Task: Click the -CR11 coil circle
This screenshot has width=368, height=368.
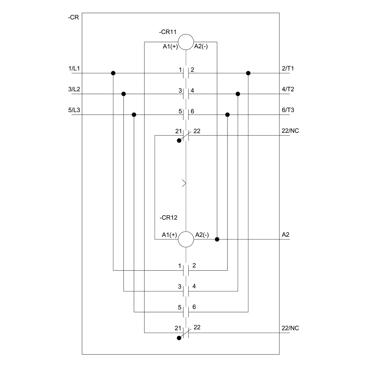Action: click(186, 42)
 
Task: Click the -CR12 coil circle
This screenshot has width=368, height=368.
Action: click(186, 239)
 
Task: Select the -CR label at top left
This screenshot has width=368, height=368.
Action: click(73, 17)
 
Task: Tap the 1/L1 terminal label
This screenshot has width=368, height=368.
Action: click(74, 68)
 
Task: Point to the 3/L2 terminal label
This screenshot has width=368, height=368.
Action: click(74, 89)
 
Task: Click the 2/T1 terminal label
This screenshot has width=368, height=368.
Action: click(288, 68)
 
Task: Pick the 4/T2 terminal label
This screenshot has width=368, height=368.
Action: click(288, 89)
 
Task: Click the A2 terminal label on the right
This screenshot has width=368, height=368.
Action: click(286, 234)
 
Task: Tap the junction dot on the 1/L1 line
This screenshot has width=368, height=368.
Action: click(113, 73)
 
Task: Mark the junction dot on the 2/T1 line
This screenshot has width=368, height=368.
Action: click(248, 73)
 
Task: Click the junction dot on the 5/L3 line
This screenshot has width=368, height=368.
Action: click(134, 115)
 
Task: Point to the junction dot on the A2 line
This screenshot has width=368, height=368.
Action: click(217, 239)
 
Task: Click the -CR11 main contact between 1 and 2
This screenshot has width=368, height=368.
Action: click(186, 73)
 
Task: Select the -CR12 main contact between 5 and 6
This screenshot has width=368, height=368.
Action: click(186, 312)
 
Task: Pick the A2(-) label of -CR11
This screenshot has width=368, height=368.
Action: click(202, 46)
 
